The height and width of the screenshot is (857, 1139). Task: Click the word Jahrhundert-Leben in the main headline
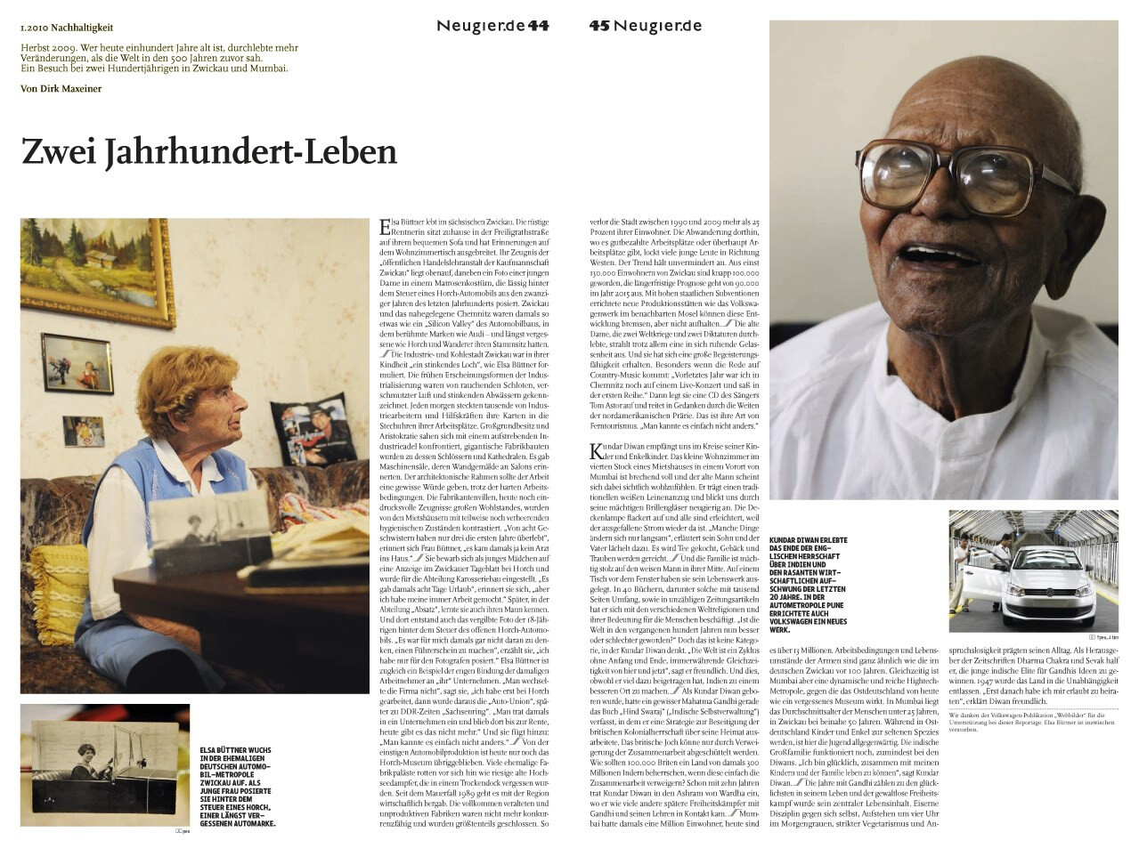[251, 152]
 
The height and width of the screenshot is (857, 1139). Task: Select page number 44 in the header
[538, 26]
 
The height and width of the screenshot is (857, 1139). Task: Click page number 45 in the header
[598, 26]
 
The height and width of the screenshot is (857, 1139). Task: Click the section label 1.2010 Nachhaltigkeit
[67, 28]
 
